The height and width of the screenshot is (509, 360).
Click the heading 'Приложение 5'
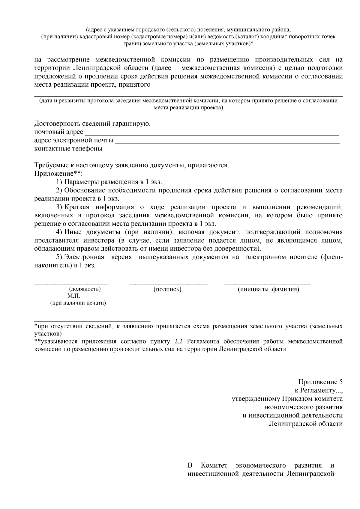tap(320, 382)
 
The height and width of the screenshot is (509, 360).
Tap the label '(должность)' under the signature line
tap(85, 289)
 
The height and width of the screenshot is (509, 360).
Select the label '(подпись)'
tap(167, 289)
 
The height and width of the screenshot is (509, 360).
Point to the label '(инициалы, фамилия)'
tap(268, 289)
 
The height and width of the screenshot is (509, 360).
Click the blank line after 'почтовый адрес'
tap(212, 134)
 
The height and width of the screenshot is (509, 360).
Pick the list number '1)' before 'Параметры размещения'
tap(59, 182)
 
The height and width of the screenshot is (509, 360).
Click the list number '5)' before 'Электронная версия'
tap(59, 257)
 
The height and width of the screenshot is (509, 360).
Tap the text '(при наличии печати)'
tap(78, 303)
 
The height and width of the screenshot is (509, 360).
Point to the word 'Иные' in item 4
tap(73, 232)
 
